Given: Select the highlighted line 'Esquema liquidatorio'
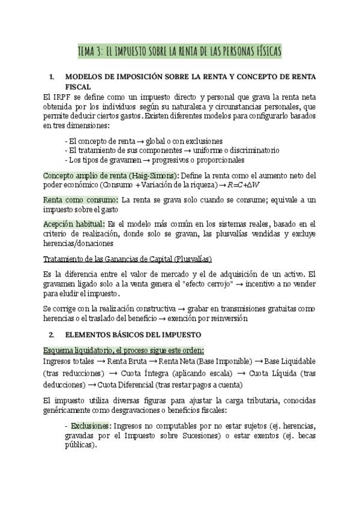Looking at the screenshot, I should pyautogui.click(x=124, y=349).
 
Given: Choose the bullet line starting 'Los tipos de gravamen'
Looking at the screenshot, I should pyautogui.click(x=155, y=160).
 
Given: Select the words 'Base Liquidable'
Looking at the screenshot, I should pyautogui.click(x=289, y=361).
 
